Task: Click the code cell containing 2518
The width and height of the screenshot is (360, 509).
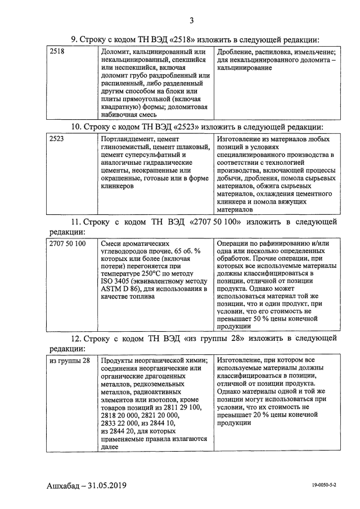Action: click(x=57, y=52)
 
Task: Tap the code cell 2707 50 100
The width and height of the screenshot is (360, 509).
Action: click(x=67, y=243)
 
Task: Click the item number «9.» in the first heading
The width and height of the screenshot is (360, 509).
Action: click(x=74, y=39)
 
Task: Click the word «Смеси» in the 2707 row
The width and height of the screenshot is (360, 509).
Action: click(x=112, y=243)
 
